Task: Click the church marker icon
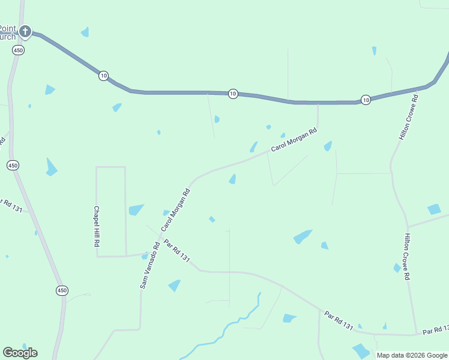click(x=25, y=31)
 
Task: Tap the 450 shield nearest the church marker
click(x=18, y=51)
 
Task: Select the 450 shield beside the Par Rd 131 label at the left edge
click(x=13, y=165)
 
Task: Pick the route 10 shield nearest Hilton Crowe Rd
click(x=366, y=100)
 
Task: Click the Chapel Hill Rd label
click(x=96, y=227)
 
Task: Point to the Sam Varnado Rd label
click(x=149, y=265)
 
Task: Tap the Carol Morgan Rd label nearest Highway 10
click(x=293, y=140)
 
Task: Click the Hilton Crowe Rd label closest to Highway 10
click(x=408, y=117)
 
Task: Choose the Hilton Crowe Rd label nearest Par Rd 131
click(x=408, y=257)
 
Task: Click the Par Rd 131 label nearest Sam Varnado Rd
click(x=177, y=251)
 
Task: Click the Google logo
click(x=20, y=352)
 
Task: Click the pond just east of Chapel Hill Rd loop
click(x=136, y=209)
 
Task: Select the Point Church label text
click(x=7, y=32)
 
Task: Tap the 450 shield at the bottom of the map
click(x=62, y=290)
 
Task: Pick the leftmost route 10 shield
click(x=104, y=76)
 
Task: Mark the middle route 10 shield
click(x=233, y=94)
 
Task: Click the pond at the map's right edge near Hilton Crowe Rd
click(x=434, y=209)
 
